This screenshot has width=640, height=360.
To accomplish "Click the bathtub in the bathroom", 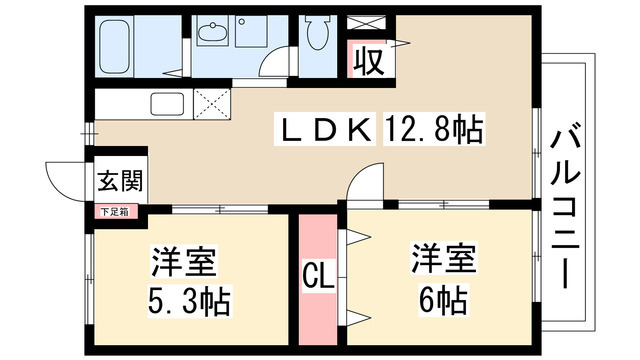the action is pos(115,46).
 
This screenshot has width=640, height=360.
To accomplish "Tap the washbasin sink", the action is pos(212,33).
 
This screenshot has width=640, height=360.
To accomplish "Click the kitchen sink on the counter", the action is pos(167,104).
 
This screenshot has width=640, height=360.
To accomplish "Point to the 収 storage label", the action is pos(369,62).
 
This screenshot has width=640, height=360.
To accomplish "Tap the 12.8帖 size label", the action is pos(433,129).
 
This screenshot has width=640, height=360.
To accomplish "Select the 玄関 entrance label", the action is pos(120,181).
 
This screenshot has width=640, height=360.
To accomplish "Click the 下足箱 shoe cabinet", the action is pos(115,212).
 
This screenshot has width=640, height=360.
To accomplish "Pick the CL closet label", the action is pos(319,276).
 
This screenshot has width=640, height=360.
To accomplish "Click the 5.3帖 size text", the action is pos(189,302).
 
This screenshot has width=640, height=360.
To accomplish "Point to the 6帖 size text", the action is pos(443,300).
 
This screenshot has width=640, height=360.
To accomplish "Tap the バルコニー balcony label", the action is pos(565,207).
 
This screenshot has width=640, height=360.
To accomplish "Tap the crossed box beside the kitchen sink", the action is pos(212,104).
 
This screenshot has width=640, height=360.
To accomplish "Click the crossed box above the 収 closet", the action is pos(366,23).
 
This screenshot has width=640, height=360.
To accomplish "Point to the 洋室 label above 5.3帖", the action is pos(184,261).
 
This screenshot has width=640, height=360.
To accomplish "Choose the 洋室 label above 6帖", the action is pos(444,258).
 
